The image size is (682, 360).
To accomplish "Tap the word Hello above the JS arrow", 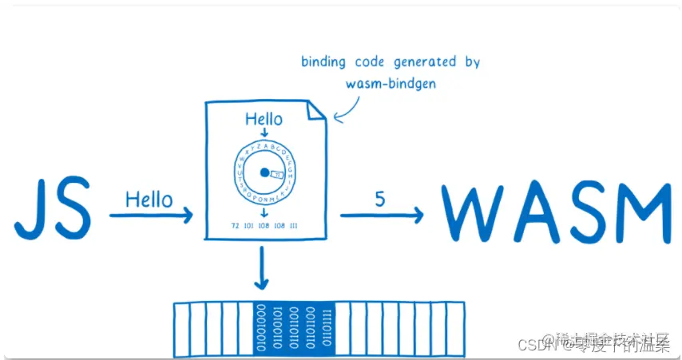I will pyautogui.click(x=149, y=198).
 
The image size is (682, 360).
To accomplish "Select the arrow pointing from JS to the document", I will pyautogui.click(x=151, y=215).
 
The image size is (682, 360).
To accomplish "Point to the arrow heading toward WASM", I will pyautogui.click(x=382, y=215).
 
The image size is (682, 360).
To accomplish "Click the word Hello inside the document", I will pyautogui.click(x=264, y=120).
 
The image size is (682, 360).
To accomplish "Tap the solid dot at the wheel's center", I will pyautogui.click(x=264, y=172).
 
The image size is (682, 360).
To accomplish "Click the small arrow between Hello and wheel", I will pyautogui.click(x=264, y=133).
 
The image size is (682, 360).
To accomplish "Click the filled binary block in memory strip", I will pyautogui.click(x=293, y=328).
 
